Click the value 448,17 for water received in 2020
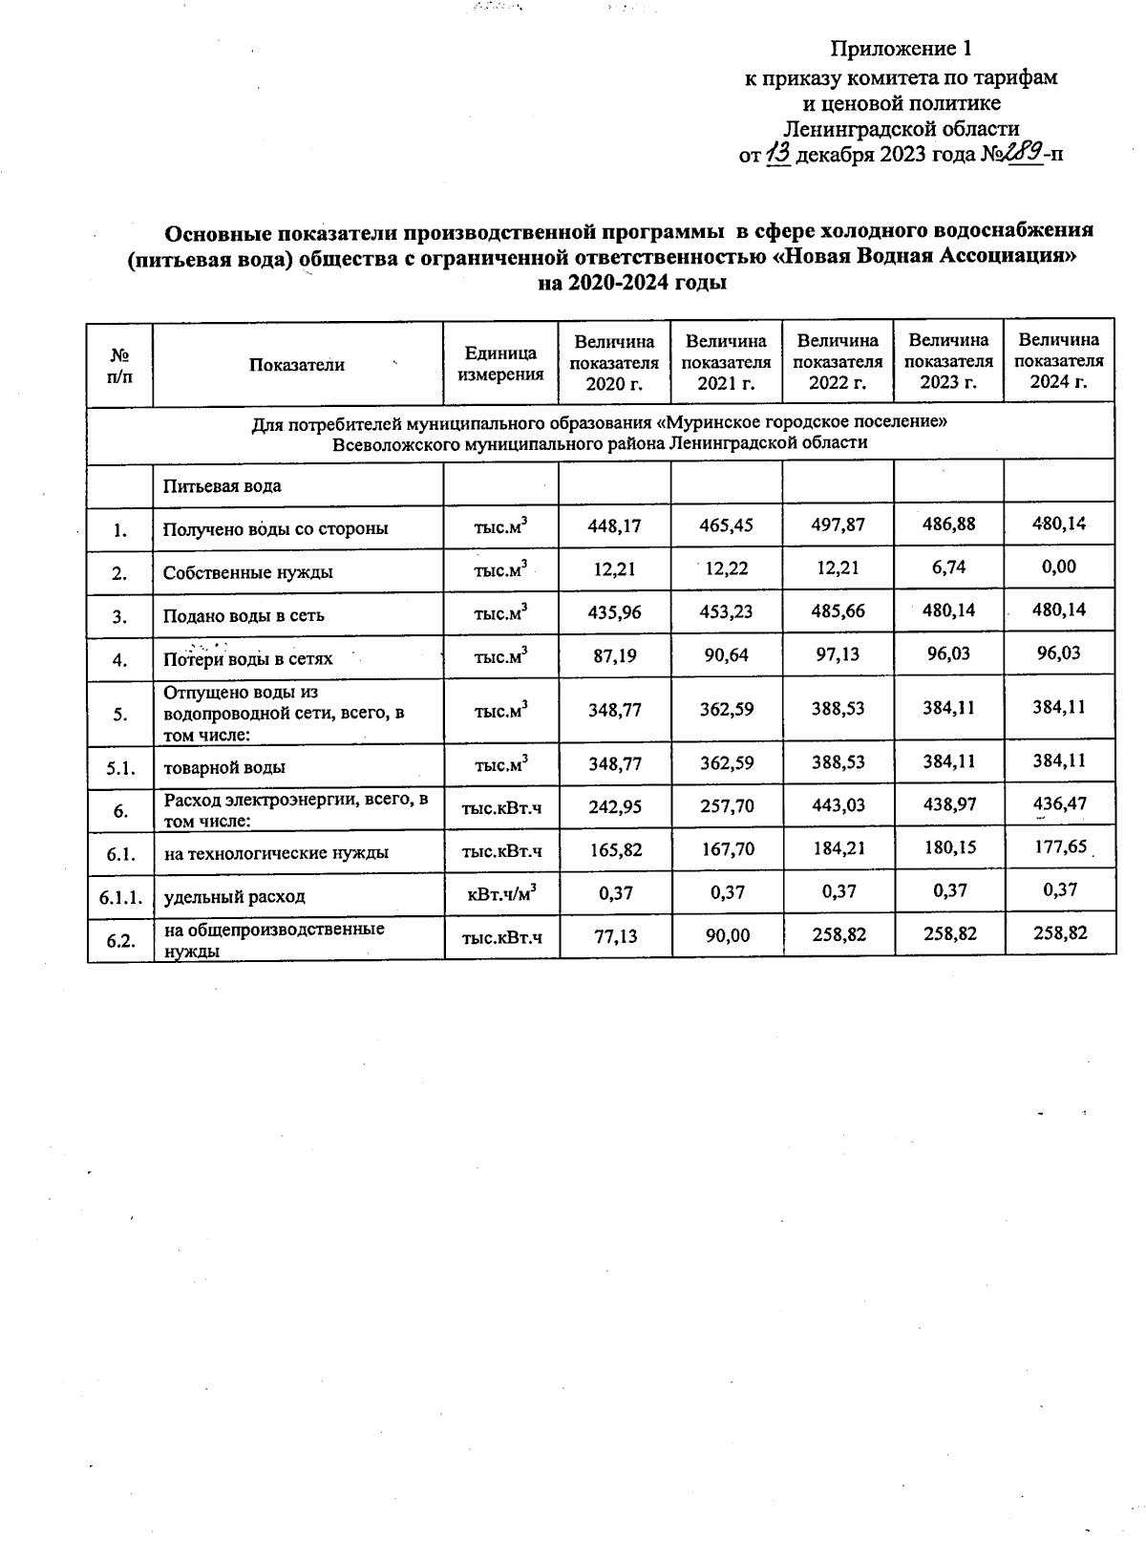(x=615, y=525)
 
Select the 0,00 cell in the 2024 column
(x=1059, y=567)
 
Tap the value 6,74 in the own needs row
(x=948, y=567)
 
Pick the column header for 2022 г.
(x=837, y=361)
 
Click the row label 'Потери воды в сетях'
(x=247, y=659)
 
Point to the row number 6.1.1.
(x=120, y=896)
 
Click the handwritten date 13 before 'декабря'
(x=778, y=154)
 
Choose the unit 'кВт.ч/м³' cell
(x=500, y=893)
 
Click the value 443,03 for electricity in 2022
(x=837, y=806)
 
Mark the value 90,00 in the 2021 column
(x=726, y=936)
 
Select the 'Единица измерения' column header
(x=500, y=363)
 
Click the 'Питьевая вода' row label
(x=222, y=485)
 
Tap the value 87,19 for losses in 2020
(x=615, y=656)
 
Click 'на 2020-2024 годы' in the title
(x=632, y=284)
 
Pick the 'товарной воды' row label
(x=224, y=767)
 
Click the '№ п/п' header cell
(x=120, y=364)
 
